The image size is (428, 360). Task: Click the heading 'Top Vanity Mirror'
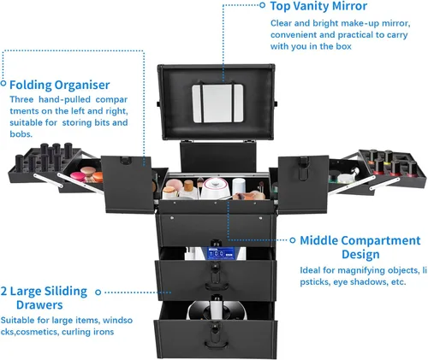[x=318, y=6]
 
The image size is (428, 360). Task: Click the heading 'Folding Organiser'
[x=60, y=85]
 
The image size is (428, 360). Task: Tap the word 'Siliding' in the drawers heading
[x=66, y=292]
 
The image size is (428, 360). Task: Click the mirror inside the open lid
[x=217, y=103]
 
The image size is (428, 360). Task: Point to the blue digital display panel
[x=221, y=253]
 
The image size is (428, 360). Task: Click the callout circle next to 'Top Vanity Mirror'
[x=263, y=5]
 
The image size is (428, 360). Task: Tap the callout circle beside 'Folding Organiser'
[x=3, y=83]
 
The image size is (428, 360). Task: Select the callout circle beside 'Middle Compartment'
[x=293, y=240]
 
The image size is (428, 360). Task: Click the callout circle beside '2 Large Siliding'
[x=98, y=292]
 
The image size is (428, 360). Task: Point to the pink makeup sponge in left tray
[x=78, y=176]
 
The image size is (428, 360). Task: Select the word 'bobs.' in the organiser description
[x=21, y=134]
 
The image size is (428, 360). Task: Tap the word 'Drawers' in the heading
[x=39, y=305]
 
